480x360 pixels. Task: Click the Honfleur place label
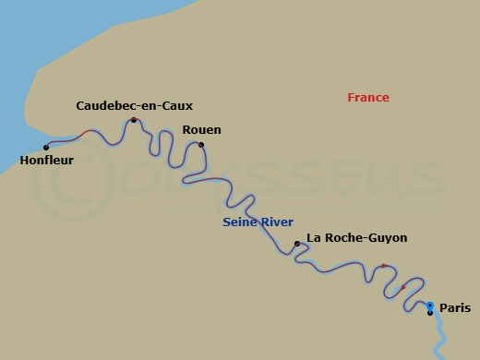point(46,160)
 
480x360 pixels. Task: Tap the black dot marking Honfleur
point(46,147)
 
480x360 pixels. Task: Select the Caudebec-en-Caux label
point(134,106)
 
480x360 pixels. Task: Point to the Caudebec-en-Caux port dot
point(134,120)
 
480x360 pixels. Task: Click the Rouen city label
point(202,130)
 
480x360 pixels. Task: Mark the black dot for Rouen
point(201,144)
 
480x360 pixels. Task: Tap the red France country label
point(368,98)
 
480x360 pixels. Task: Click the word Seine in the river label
point(239,222)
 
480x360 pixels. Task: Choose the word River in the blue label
point(276,222)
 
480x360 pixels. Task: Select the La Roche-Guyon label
point(356,238)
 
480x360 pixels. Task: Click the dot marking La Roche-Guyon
point(296,244)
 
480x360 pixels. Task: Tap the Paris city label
point(454,307)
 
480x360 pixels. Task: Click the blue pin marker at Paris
point(430,305)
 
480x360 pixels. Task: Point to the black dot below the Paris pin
point(430,313)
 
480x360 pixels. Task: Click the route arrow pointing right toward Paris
point(385,266)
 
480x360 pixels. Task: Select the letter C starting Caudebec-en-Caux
point(80,106)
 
